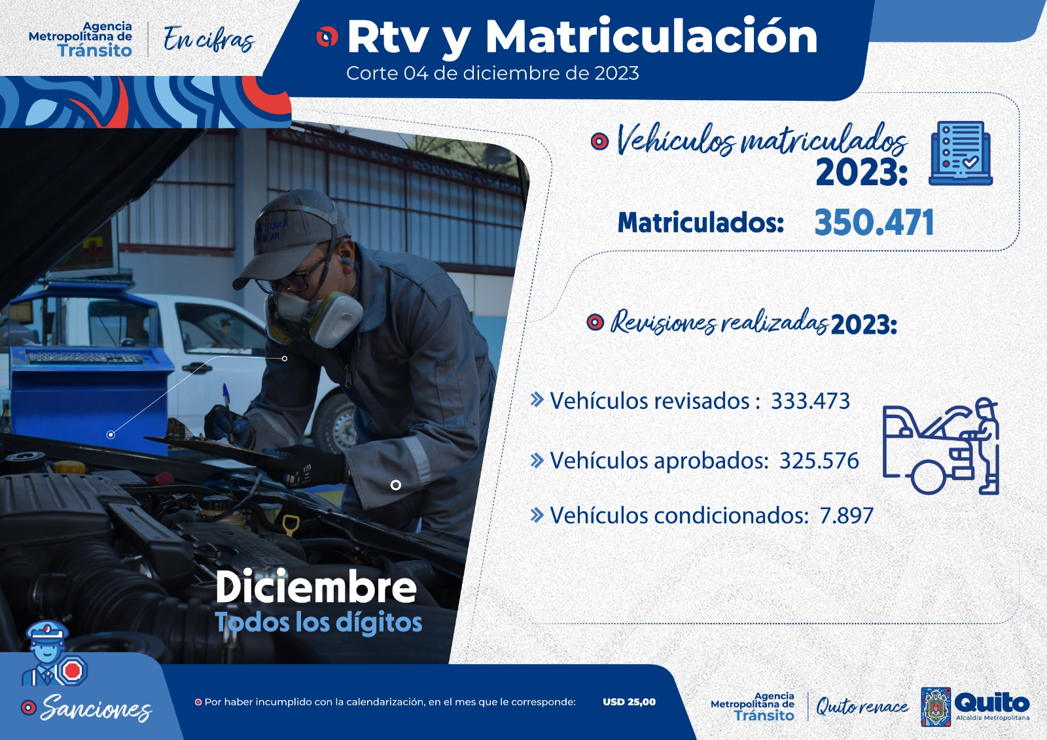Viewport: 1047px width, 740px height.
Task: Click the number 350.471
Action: click(x=874, y=222)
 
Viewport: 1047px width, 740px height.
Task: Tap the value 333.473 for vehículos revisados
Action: click(x=810, y=401)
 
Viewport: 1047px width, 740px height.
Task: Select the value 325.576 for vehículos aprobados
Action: click(x=819, y=461)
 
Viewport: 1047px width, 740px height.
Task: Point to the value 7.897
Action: click(x=846, y=516)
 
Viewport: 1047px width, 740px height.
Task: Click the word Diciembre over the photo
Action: click(x=316, y=587)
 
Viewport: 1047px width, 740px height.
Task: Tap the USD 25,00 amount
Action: click(x=629, y=702)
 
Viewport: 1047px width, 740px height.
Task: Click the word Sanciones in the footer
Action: click(x=96, y=708)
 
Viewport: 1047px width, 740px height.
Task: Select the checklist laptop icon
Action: click(x=961, y=153)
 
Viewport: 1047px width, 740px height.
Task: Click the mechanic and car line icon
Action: click(x=940, y=446)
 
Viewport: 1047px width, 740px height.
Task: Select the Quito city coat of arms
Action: click(x=936, y=707)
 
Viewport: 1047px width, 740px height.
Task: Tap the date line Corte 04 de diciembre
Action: click(x=492, y=73)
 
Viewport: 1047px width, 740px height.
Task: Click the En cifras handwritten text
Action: click(x=208, y=39)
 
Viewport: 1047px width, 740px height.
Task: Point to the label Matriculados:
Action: click(x=700, y=222)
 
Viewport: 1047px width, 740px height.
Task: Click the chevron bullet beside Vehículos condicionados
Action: click(x=537, y=516)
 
